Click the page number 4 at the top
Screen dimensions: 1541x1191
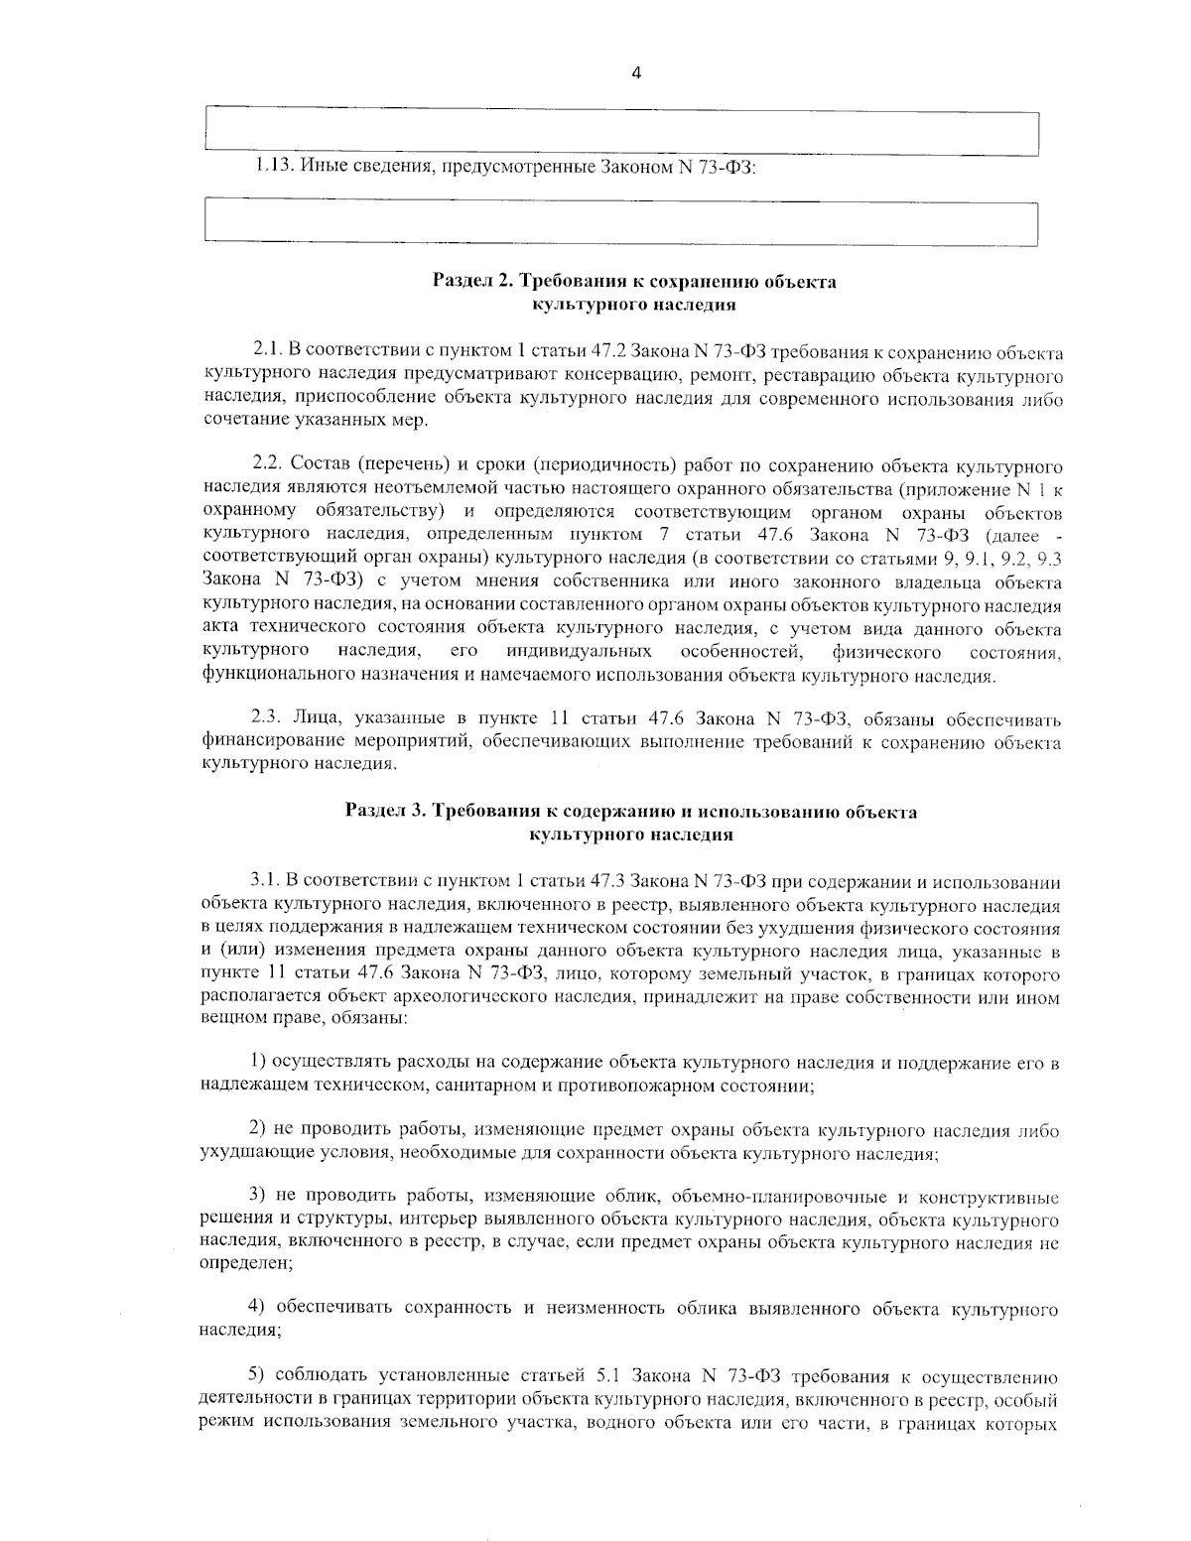635,72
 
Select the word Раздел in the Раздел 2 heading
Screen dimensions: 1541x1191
460,282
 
